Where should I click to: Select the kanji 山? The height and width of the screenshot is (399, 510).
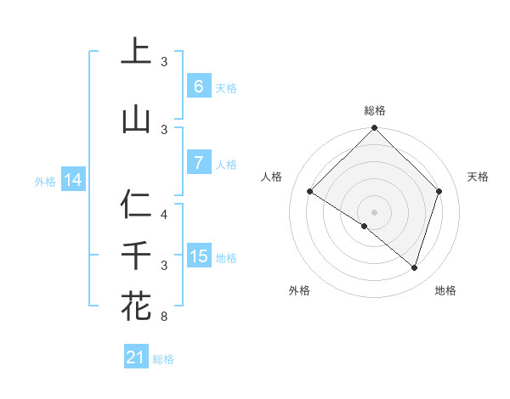pyautogui.click(x=136, y=119)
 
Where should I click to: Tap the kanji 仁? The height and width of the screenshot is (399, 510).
pyautogui.click(x=136, y=205)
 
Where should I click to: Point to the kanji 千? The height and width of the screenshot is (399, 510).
pyautogui.click(x=136, y=256)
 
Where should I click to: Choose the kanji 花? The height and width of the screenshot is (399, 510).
pyautogui.click(x=136, y=306)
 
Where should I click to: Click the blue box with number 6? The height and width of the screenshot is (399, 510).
pyautogui.click(x=198, y=87)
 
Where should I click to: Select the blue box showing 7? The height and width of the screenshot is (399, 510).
pyautogui.click(x=198, y=163)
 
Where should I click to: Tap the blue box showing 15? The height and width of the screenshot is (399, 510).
pyautogui.click(x=198, y=256)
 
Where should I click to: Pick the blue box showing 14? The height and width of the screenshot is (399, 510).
pyautogui.click(x=73, y=180)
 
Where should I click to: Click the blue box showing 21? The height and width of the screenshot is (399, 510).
pyautogui.click(x=136, y=357)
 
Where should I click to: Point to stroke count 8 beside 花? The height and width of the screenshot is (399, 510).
pyautogui.click(x=164, y=318)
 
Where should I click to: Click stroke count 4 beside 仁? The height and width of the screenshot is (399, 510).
pyautogui.click(x=164, y=215)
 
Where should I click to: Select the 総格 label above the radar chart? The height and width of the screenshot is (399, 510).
pyautogui.click(x=374, y=110)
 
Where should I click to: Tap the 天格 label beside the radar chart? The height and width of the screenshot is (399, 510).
pyautogui.click(x=478, y=177)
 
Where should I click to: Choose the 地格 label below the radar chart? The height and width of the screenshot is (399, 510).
pyautogui.click(x=445, y=290)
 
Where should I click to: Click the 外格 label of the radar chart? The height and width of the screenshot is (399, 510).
pyautogui.click(x=299, y=290)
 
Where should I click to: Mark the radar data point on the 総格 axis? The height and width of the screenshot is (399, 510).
pyautogui.click(x=374, y=128)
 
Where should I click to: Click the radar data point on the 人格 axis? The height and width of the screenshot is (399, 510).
pyautogui.click(x=310, y=192)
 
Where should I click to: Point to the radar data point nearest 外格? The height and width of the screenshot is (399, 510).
pyautogui.click(x=365, y=226)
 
